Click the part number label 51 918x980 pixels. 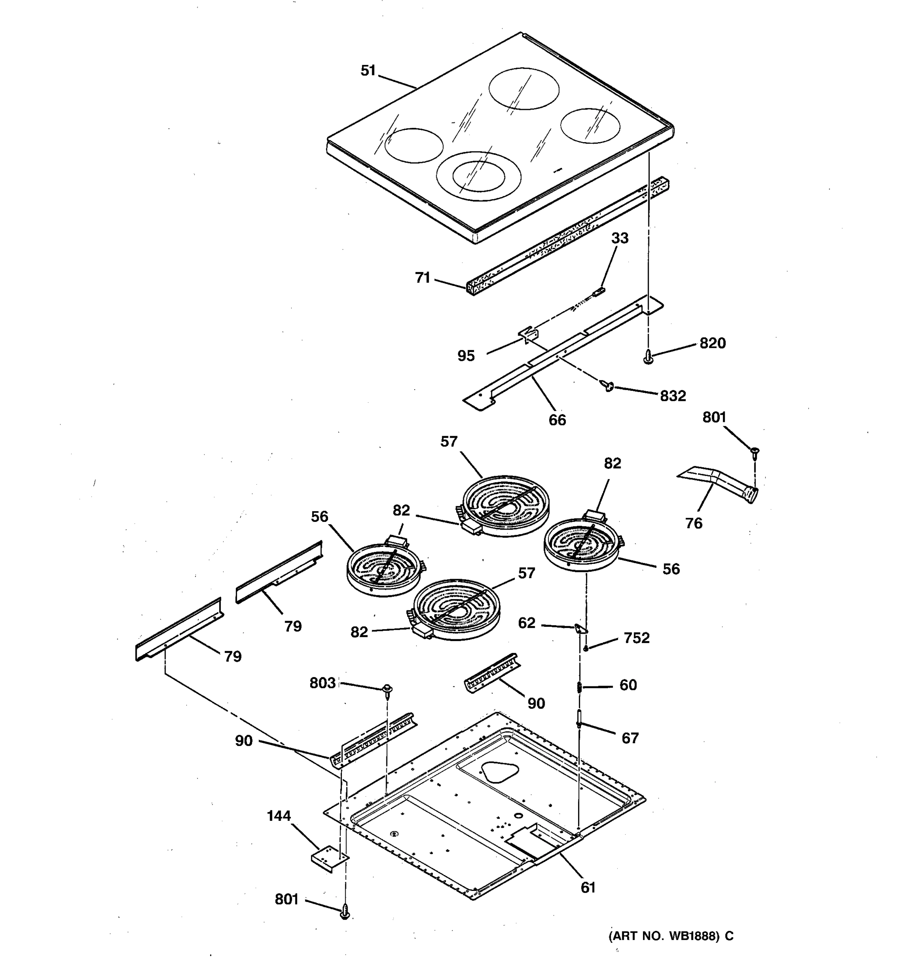pos(368,71)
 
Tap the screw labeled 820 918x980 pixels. pos(649,356)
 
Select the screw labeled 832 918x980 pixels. pos(609,385)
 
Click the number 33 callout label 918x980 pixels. pos(620,238)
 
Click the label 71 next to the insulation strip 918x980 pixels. pos(423,278)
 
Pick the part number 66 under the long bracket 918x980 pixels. pos(557,420)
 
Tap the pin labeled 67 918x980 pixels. pos(580,718)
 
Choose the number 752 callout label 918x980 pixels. pos(636,638)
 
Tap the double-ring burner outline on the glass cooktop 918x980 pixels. pos(478,176)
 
